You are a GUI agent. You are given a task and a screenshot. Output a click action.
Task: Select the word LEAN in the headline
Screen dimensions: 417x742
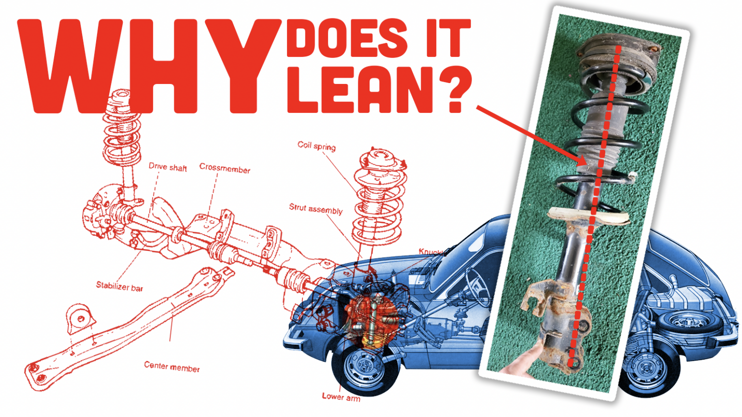point(360,89)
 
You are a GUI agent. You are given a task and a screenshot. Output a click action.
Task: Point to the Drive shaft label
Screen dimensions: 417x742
point(168,167)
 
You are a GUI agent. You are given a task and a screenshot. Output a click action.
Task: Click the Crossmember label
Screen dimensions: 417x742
point(225,168)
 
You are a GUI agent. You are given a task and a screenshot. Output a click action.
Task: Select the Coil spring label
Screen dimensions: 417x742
point(316,146)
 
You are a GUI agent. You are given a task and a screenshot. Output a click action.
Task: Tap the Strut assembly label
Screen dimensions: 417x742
point(315,209)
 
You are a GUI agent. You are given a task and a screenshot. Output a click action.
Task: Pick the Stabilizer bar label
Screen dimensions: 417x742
point(119,287)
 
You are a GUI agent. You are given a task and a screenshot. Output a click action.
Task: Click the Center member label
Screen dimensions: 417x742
point(171,367)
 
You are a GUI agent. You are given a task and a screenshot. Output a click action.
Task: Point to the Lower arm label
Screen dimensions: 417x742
point(341,397)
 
